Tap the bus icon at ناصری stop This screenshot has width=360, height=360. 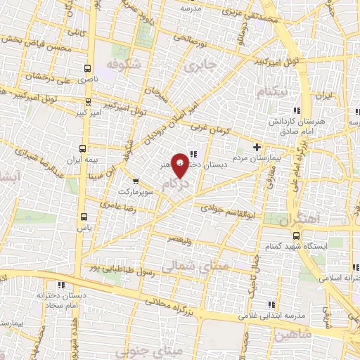click(x=87, y=69)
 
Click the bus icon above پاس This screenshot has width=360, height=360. click(x=84, y=217)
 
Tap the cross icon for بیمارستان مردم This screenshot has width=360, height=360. click(x=257, y=148)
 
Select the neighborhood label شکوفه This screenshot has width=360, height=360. click(x=124, y=64)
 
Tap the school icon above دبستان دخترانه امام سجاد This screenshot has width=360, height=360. click(x=60, y=285)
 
